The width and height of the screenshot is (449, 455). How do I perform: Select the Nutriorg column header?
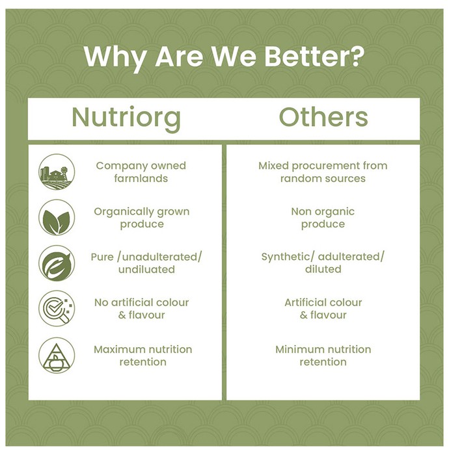(x=126, y=118)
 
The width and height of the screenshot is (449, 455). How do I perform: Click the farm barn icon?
(x=57, y=172)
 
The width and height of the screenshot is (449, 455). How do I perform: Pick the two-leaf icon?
(x=57, y=217)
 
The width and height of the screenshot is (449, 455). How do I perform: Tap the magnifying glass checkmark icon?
(x=57, y=309)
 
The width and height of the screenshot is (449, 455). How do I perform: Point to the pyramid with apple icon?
(x=57, y=355)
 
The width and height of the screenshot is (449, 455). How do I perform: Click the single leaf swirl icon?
(x=57, y=263)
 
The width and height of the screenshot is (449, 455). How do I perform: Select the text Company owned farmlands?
(x=141, y=172)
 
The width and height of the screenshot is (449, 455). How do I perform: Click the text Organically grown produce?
(x=142, y=218)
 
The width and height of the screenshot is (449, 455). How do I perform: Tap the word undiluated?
(x=146, y=270)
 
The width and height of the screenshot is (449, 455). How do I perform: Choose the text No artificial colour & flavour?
(x=141, y=309)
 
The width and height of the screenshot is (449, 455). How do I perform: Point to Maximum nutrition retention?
(x=143, y=356)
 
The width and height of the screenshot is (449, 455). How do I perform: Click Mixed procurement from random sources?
(x=323, y=172)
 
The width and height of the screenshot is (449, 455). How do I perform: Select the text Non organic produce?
(x=323, y=218)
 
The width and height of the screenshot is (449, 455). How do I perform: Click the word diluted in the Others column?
(x=323, y=269)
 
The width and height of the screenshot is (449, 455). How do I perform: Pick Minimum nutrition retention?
(x=323, y=356)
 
